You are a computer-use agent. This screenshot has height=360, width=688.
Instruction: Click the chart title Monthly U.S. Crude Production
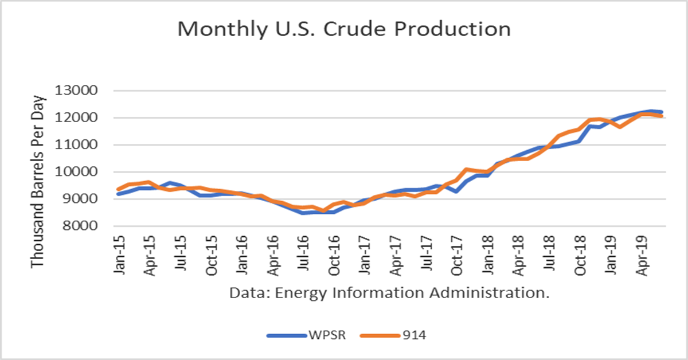click(x=343, y=29)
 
